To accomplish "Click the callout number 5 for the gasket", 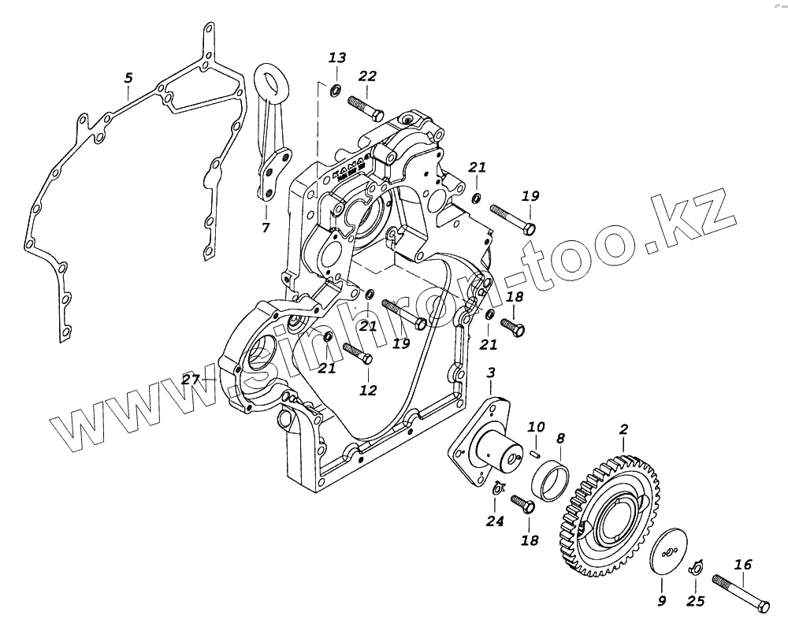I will [128, 78].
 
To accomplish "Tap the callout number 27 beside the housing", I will [190, 380].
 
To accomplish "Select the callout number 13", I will [337, 57].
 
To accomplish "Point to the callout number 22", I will [367, 76].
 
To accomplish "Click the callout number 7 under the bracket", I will [266, 228].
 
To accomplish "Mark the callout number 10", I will [536, 427].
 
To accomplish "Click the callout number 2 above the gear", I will [623, 429].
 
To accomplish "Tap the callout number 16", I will [743, 564].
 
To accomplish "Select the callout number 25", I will [695, 602].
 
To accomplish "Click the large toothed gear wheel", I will [619, 512].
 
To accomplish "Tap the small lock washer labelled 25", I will [695, 568].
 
